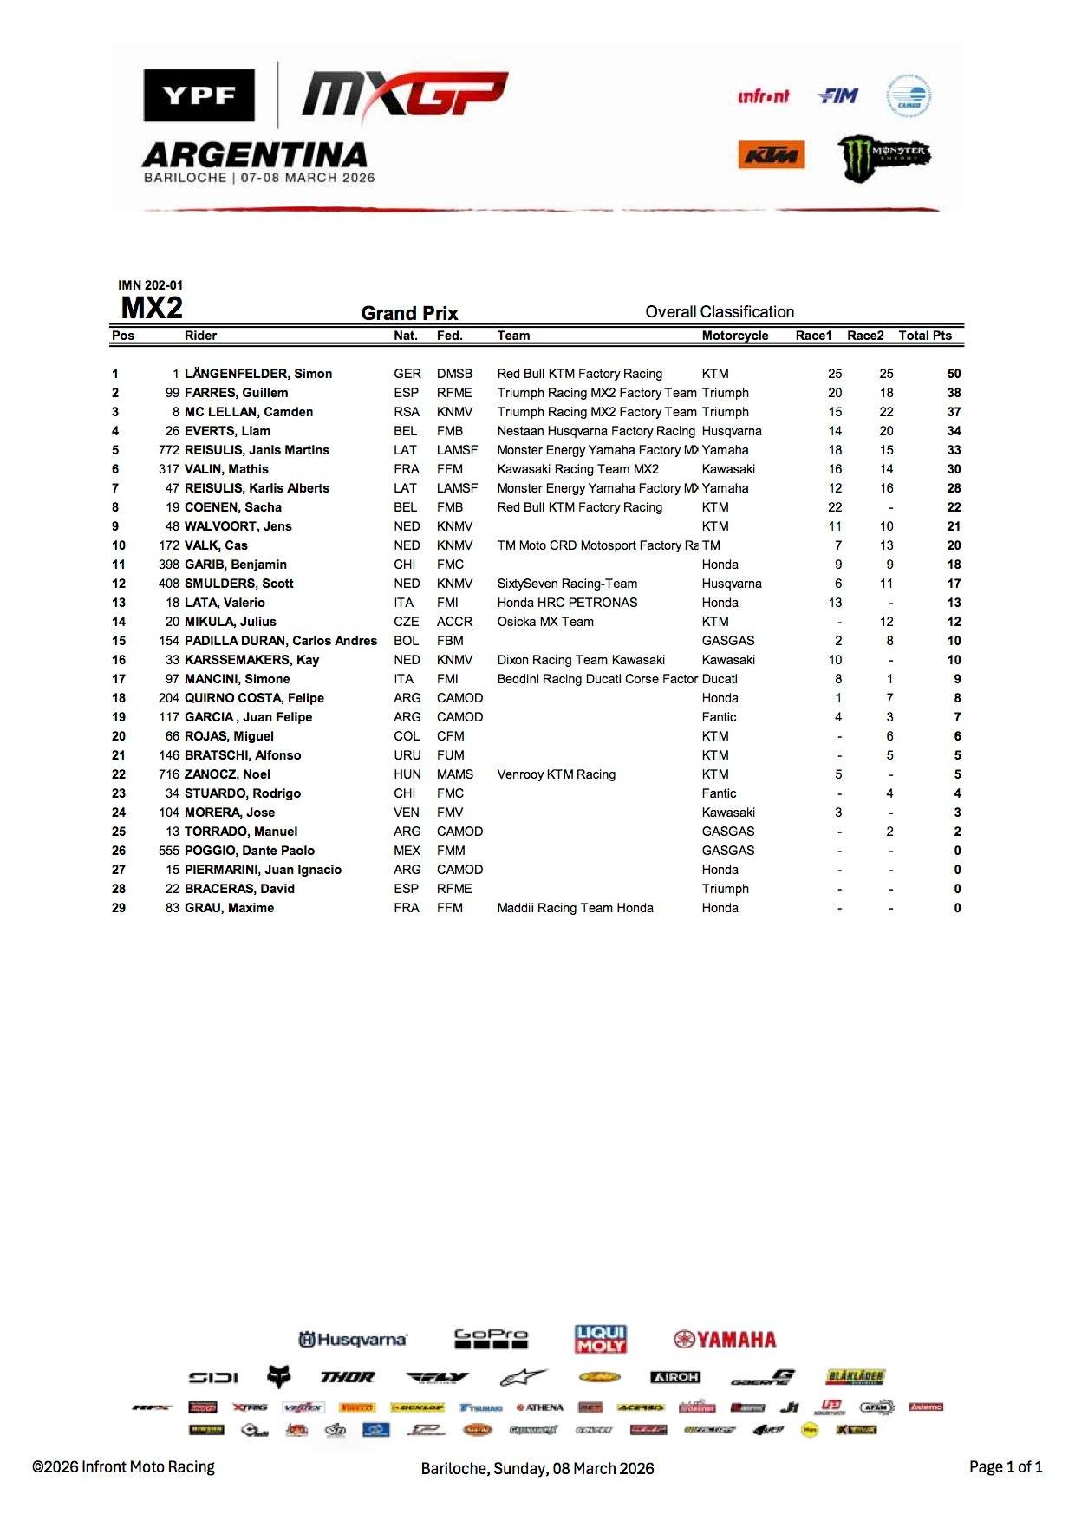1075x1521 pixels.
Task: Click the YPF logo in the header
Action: [x=199, y=95]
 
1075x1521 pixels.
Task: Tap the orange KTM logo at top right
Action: [x=771, y=155]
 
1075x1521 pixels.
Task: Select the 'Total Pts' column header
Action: [x=924, y=336]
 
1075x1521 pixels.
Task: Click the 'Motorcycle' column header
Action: [x=735, y=336]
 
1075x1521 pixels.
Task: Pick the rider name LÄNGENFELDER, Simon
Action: [x=258, y=374]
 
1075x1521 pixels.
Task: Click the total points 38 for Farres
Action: [x=954, y=393]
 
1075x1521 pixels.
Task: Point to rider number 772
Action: [x=169, y=450]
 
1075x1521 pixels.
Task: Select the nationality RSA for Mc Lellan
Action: [x=406, y=412]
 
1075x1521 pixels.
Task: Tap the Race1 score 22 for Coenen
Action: [x=835, y=507]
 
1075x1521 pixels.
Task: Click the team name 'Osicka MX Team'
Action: [x=545, y=622]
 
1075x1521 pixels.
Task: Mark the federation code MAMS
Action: [x=455, y=774]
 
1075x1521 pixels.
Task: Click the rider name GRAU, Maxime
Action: [x=229, y=908]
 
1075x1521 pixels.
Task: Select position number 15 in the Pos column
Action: [x=119, y=641]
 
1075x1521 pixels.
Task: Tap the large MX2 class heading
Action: [x=152, y=308]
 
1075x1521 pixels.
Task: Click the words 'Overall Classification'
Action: [x=720, y=312]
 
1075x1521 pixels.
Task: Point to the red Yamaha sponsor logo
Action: [x=725, y=1340]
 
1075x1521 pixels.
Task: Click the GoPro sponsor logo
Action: [x=491, y=1339]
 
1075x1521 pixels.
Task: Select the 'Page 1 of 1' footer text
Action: [x=1006, y=1467]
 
